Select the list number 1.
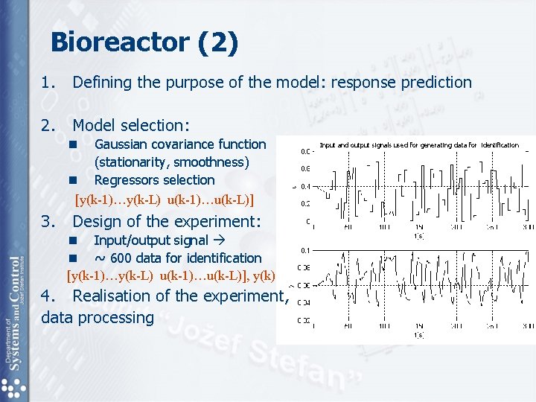coord(47,83)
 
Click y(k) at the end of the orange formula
coord(264,276)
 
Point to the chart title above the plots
coord(418,144)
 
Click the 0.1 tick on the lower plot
coord(305,250)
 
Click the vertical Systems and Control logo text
coord(14,313)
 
